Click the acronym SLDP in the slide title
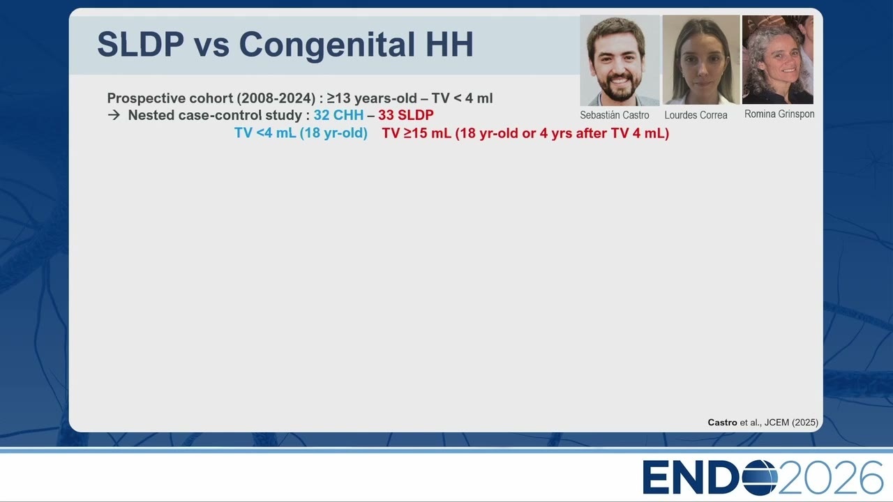pos(141,44)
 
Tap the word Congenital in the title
pos(328,45)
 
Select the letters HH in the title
pos(449,44)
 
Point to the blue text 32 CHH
pos(338,115)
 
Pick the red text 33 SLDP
pos(406,115)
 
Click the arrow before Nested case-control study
pos(114,115)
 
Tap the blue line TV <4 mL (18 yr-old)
pos(301,133)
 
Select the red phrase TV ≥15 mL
pos(417,133)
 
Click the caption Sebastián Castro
pos(615,115)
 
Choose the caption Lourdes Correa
pos(696,115)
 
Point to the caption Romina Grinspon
pos(779,114)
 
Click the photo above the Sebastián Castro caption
pos(620,61)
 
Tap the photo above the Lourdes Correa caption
pos(701,60)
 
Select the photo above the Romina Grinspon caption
pos(778,60)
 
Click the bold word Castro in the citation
pos(722,423)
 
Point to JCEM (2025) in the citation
pos(791,423)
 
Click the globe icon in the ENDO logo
pos(760,477)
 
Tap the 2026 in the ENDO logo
pos(831,478)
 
